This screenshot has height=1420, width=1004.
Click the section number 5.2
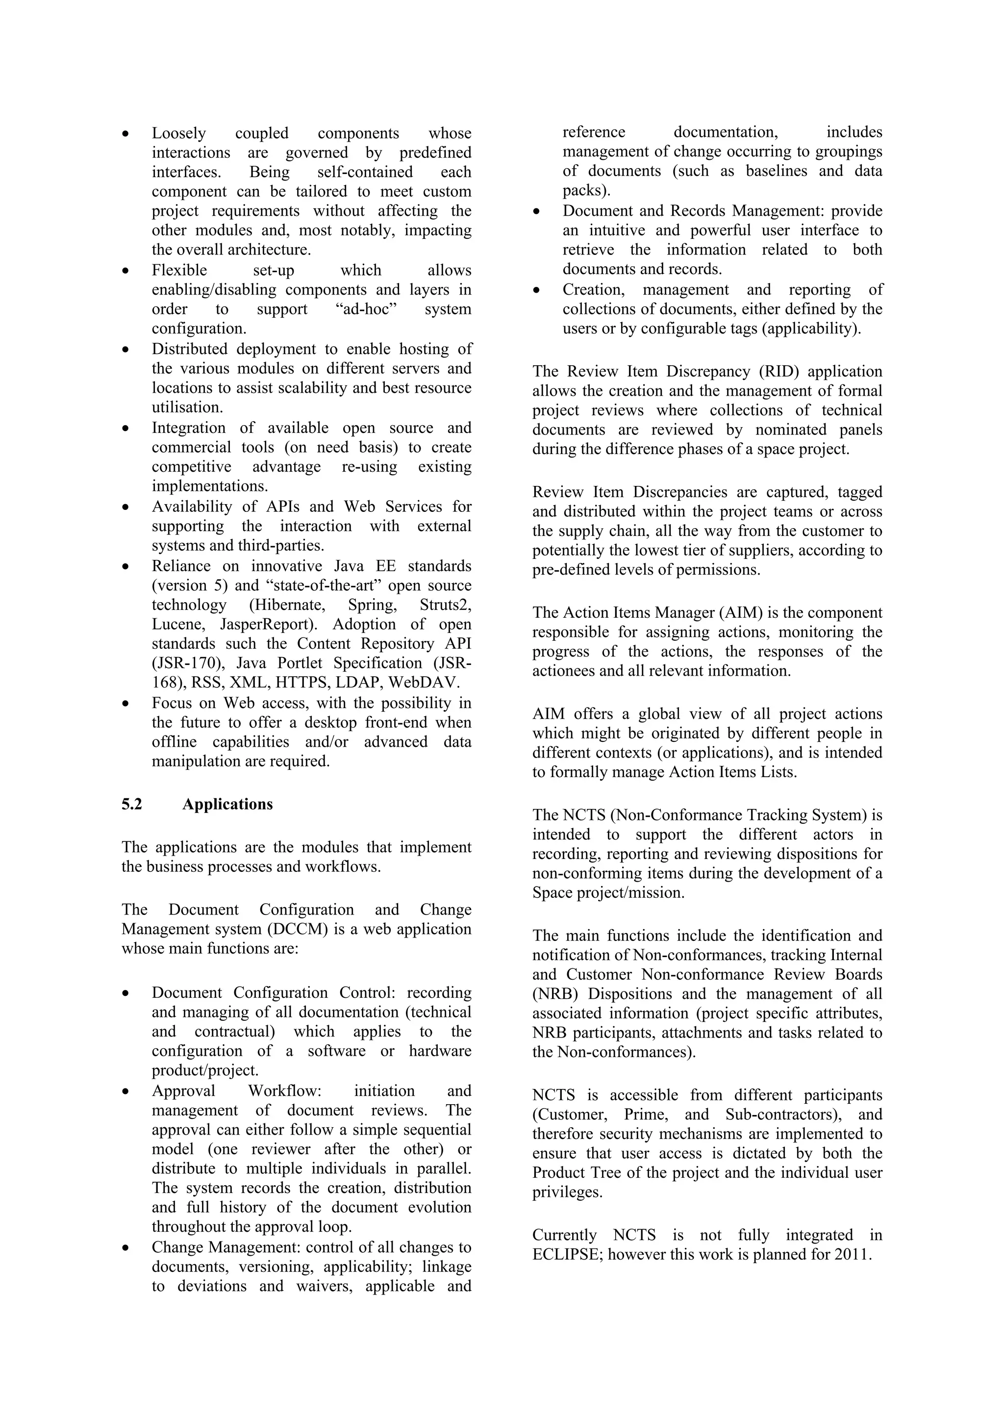pyautogui.click(x=132, y=804)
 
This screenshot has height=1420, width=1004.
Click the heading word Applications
pyautogui.click(x=227, y=804)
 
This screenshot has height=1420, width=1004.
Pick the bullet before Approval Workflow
pyautogui.click(x=126, y=1091)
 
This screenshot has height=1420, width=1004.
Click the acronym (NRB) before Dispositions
pyautogui.click(x=554, y=994)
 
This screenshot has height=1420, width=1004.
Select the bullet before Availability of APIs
pyautogui.click(x=126, y=507)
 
